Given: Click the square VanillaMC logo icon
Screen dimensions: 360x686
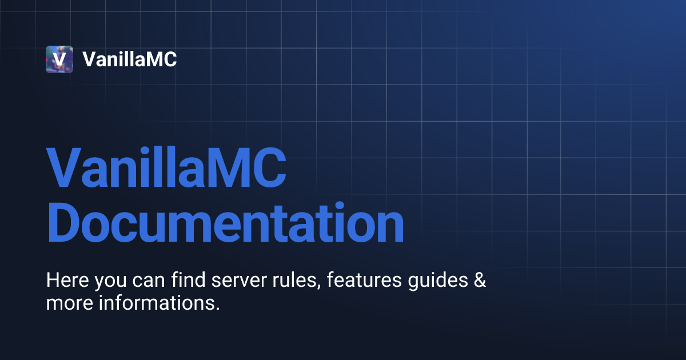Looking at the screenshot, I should point(59,59).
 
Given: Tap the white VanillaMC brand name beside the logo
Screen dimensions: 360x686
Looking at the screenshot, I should point(130,59).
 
